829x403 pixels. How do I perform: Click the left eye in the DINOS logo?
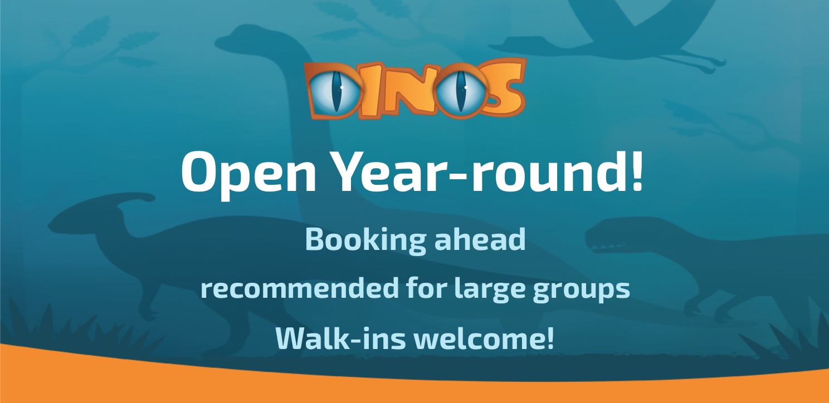point(335,91)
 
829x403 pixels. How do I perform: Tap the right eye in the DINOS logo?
point(460,91)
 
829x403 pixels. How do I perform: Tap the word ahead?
point(480,239)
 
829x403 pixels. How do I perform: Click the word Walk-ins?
point(340,338)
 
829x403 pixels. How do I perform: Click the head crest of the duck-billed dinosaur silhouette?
point(138,199)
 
